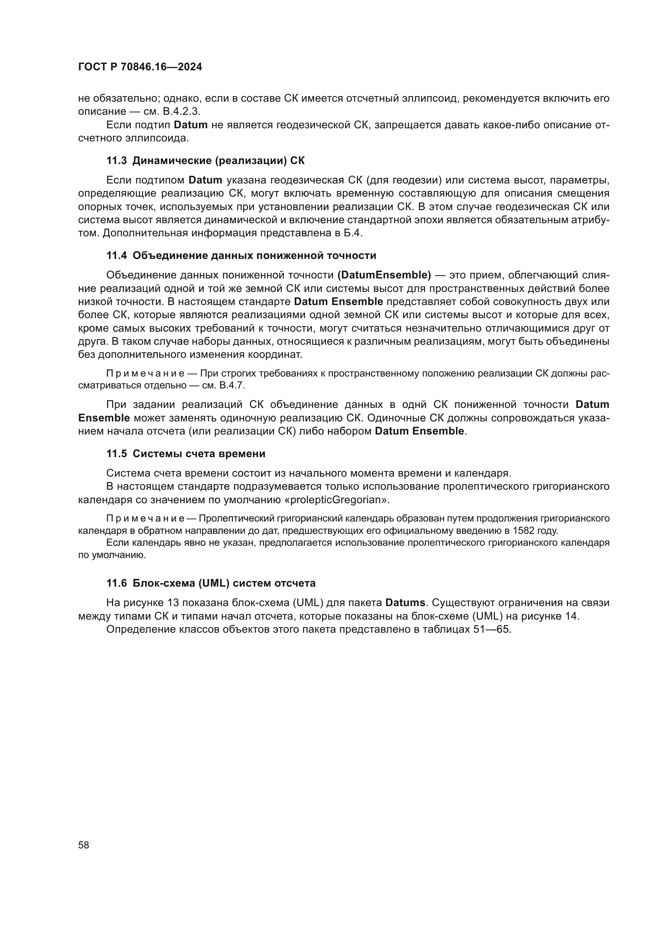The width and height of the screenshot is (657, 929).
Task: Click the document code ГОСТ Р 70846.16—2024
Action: point(140,67)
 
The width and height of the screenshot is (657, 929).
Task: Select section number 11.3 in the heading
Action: point(116,160)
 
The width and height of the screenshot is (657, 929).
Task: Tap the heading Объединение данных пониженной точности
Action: point(254,256)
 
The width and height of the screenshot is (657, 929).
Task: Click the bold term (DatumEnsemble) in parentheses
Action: point(384,276)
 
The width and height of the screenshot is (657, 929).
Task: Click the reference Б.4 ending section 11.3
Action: point(353,234)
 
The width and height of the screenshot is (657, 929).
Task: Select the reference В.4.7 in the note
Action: point(232,385)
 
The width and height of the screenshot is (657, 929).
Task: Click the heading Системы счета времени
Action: point(199,454)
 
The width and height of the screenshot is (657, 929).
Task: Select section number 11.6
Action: point(116,583)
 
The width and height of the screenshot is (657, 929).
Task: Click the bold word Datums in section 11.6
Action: point(405,603)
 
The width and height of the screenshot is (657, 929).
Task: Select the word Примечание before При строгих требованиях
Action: point(145,373)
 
